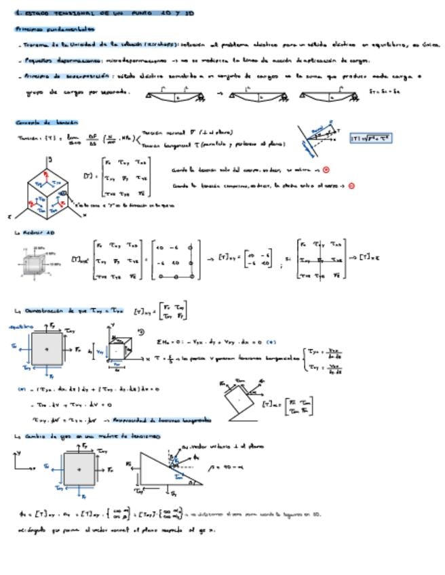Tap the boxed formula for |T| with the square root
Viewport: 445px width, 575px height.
coord(371,138)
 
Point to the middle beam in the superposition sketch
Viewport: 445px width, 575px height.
coord(261,97)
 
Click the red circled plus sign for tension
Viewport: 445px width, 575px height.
coord(326,170)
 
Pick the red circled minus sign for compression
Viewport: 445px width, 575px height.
coord(351,185)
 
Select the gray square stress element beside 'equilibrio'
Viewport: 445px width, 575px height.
coord(47,349)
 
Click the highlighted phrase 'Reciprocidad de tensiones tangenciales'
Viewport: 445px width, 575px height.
coord(161,420)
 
